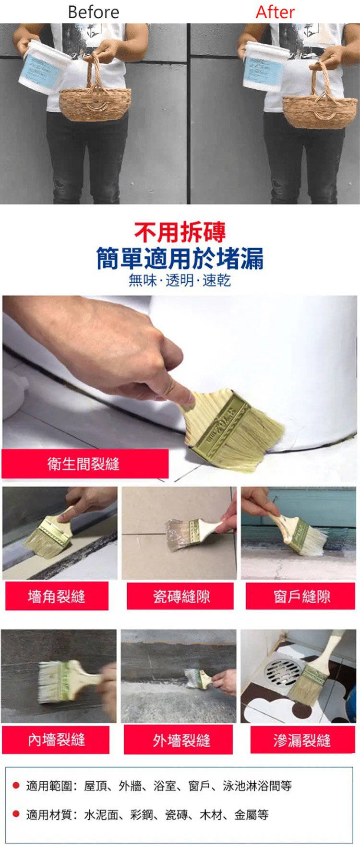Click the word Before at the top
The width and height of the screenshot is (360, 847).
pos(94,12)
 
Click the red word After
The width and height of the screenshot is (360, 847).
pos(275,12)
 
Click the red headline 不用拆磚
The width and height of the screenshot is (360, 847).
pos(180,232)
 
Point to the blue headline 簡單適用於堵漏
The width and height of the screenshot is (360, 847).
pos(180,258)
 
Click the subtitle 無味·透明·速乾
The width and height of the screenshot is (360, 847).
pos(180,280)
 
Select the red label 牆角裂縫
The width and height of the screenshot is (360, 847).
pos(57,596)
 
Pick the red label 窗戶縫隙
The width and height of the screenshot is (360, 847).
pos(301,596)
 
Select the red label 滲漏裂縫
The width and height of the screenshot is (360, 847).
pos(302,740)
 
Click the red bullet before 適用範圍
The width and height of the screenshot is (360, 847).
pos(16,786)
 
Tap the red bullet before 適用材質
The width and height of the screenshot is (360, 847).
pos(16,813)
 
